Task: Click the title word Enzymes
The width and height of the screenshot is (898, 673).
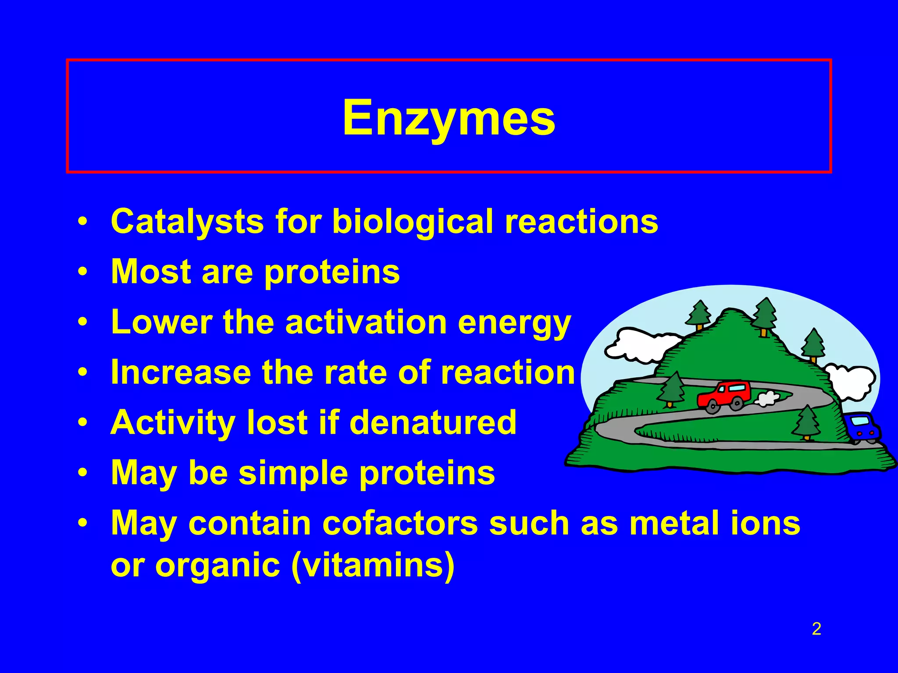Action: click(449, 117)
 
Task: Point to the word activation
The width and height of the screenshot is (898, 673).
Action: click(366, 322)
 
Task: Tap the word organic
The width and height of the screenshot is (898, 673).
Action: click(217, 566)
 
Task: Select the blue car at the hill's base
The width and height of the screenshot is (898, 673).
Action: click(862, 427)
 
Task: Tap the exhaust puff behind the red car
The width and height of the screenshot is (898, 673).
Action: click(767, 398)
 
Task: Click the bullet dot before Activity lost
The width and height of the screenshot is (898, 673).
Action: click(82, 423)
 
